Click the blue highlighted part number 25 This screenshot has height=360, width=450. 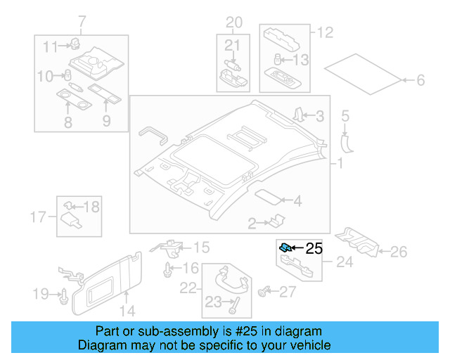point(285,247)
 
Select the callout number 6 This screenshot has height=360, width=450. point(420,81)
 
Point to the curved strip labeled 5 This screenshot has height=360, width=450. point(347,141)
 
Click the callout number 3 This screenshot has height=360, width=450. point(319,116)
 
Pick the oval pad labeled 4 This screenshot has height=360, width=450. point(267,198)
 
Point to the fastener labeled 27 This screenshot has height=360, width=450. point(266,290)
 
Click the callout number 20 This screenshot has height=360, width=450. point(233,22)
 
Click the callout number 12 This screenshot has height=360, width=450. point(324,32)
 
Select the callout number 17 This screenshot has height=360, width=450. point(39,216)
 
